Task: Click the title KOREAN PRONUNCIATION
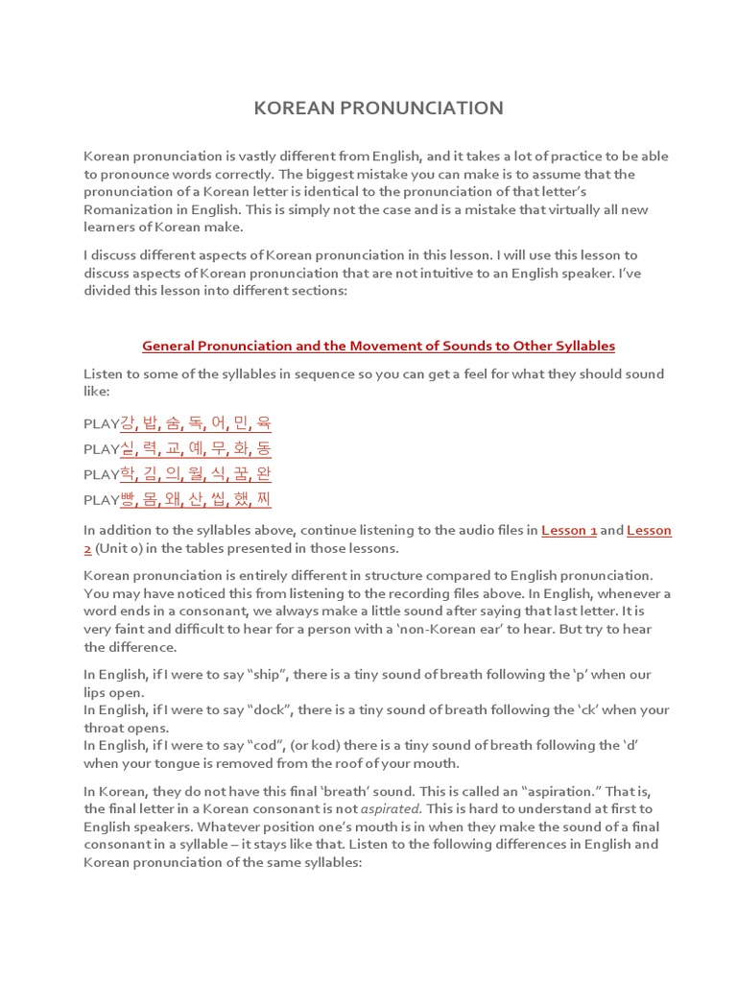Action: [378, 108]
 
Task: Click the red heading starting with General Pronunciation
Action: [378, 346]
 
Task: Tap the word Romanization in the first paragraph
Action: [130, 208]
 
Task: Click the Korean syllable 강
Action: [128, 423]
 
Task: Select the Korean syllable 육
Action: [263, 423]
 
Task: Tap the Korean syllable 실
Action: [128, 448]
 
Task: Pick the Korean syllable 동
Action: [263, 448]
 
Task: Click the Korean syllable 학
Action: [128, 473]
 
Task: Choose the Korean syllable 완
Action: [263, 473]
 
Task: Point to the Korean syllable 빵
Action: [128, 498]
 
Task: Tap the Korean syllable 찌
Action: [263, 498]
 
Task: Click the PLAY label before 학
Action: [101, 473]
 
